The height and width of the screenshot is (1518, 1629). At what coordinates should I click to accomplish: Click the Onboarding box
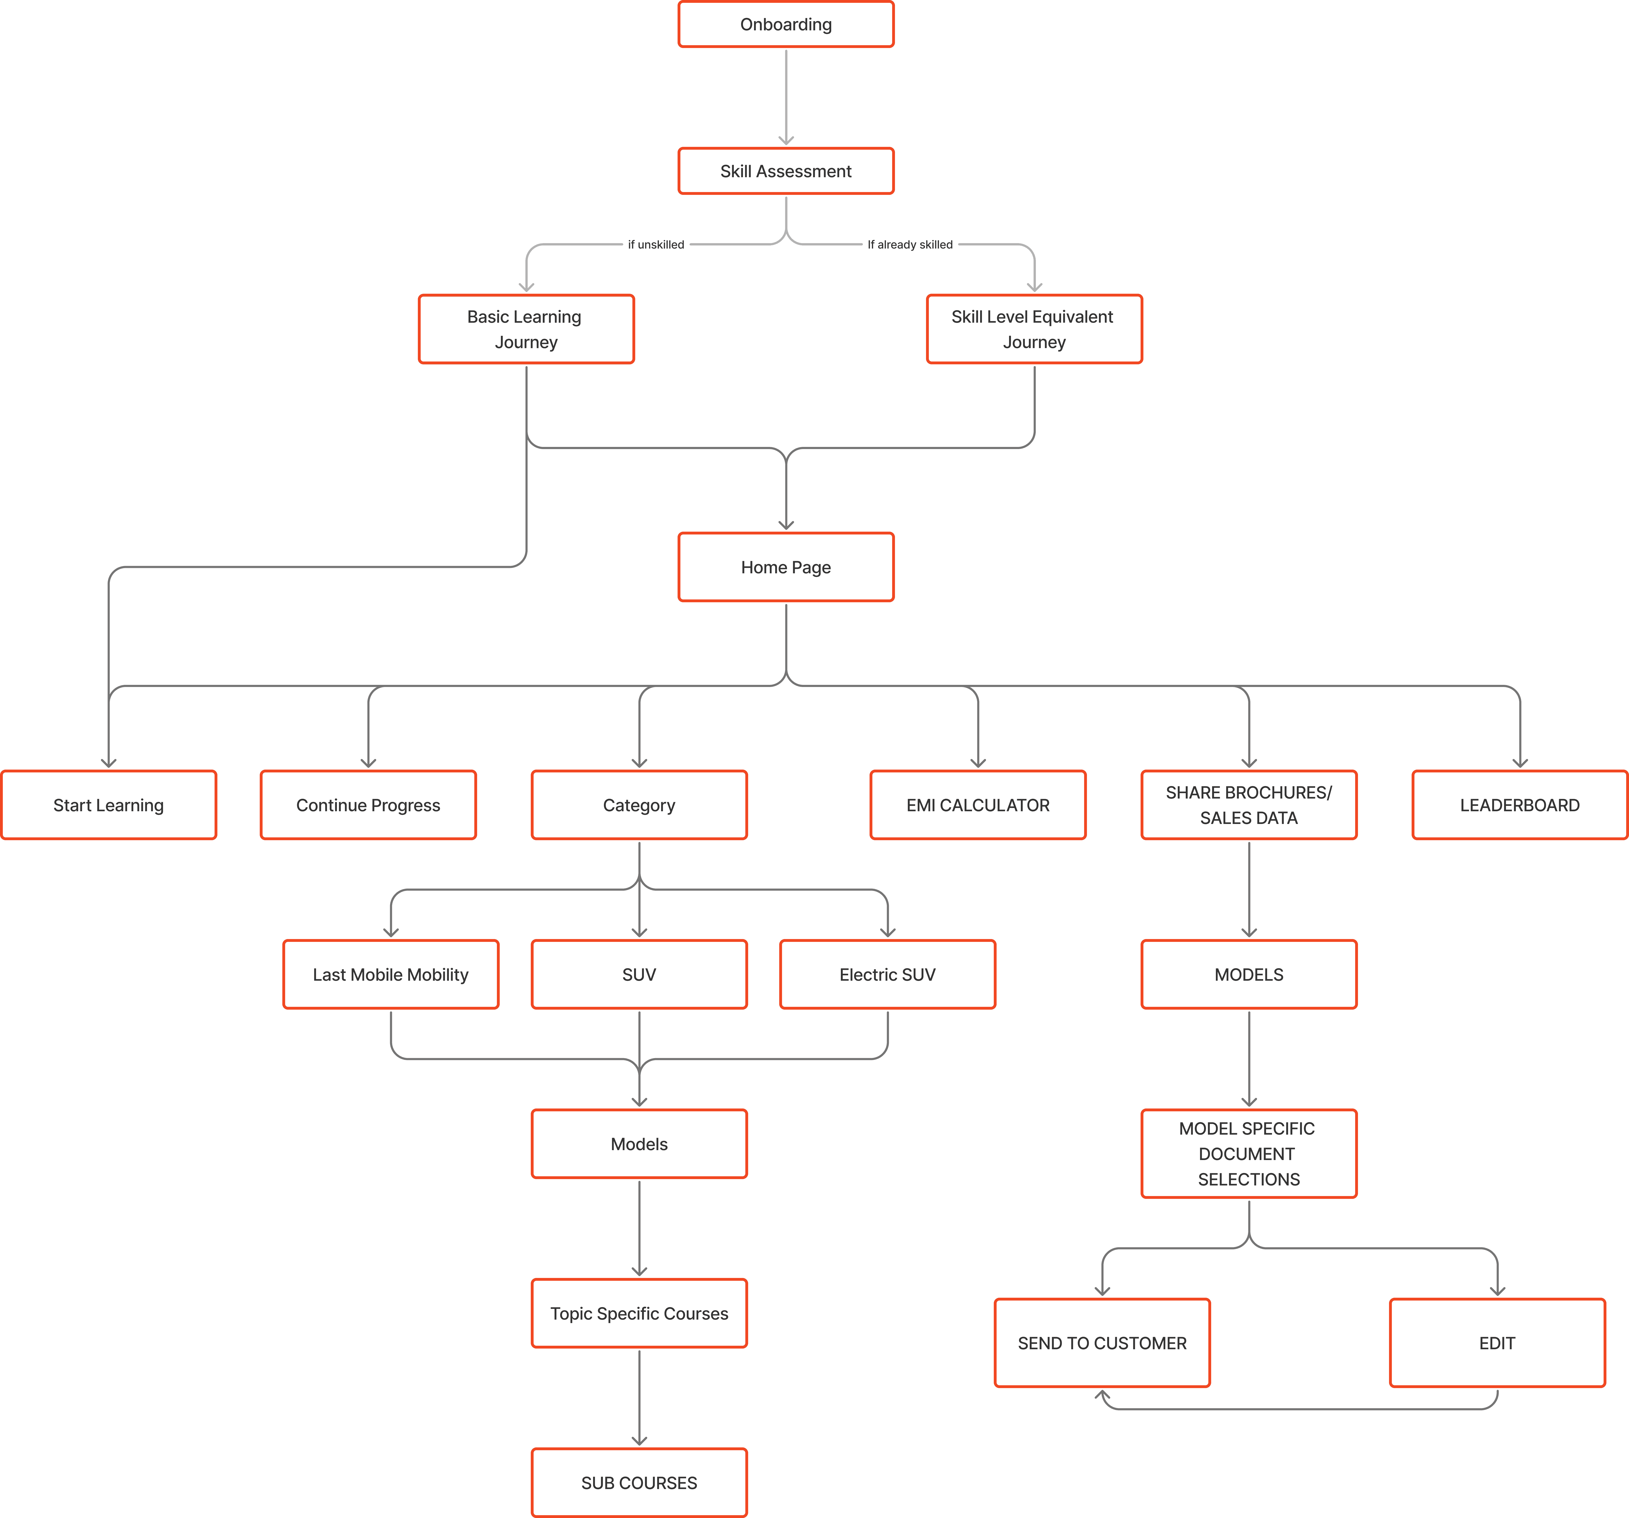(786, 24)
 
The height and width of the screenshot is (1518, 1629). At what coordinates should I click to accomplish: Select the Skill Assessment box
(786, 171)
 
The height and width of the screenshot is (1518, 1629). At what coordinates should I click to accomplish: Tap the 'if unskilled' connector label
(655, 244)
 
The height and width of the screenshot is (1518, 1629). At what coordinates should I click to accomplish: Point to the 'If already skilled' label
(910, 244)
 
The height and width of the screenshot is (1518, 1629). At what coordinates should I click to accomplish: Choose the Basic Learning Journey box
(526, 329)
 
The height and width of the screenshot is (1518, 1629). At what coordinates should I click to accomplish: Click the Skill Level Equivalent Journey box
(1034, 329)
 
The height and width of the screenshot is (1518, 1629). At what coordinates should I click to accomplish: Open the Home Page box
(786, 567)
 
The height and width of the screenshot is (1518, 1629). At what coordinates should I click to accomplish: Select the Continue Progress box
(368, 805)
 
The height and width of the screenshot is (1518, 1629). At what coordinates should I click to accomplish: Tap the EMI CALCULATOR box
(978, 805)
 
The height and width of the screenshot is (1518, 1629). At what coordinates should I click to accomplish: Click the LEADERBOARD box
(1519, 805)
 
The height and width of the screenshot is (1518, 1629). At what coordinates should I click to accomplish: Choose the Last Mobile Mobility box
(391, 975)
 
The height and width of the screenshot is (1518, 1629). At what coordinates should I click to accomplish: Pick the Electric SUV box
(887, 975)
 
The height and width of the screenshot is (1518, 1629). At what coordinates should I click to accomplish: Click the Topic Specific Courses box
(639, 1313)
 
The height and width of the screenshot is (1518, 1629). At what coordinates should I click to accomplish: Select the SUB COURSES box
(639, 1483)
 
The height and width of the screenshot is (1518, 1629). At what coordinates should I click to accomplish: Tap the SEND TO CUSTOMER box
(1102, 1343)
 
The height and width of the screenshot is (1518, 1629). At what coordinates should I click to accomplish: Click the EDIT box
(1497, 1343)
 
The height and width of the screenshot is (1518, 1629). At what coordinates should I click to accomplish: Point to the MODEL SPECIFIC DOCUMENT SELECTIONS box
(1249, 1153)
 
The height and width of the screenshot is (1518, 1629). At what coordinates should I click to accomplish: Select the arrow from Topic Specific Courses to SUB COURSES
(639, 1398)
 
